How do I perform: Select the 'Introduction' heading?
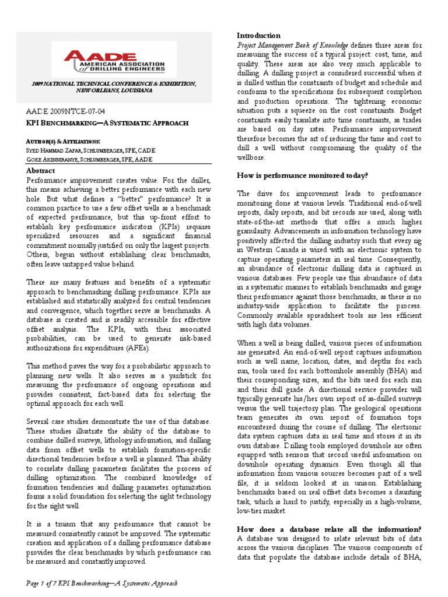(258, 36)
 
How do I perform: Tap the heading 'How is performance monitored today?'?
(302, 175)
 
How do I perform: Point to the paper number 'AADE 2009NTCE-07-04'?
(66, 110)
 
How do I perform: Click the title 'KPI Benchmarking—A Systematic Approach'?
(107, 123)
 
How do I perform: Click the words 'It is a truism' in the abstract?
(49, 524)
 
